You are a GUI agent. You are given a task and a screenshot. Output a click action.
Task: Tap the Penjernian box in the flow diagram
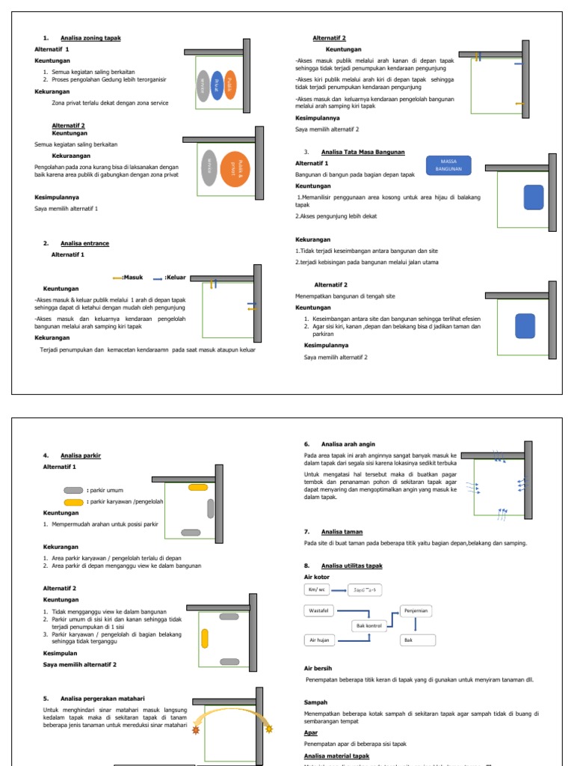(416, 610)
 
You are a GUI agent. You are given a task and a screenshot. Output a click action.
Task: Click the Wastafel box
(320, 610)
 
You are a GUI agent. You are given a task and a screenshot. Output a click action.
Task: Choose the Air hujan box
(319, 640)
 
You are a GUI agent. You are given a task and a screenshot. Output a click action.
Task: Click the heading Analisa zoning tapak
(90, 37)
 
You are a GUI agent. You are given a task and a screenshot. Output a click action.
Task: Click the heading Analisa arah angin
(348, 444)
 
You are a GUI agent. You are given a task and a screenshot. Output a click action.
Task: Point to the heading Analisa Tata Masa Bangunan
(362, 152)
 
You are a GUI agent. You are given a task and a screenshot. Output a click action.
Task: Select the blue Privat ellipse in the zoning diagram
(217, 85)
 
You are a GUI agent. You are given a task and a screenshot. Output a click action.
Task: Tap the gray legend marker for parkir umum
(74, 490)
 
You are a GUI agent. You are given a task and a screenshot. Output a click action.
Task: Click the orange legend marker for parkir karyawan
(74, 502)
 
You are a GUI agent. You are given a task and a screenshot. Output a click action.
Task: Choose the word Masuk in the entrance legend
(134, 277)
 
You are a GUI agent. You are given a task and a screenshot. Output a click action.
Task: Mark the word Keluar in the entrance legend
(175, 277)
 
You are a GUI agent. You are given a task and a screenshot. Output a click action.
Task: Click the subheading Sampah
(315, 702)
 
